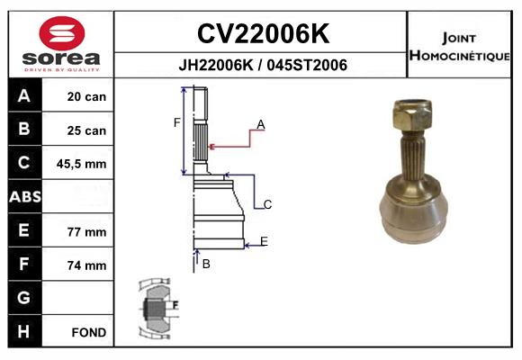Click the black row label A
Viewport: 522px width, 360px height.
[x=23, y=96]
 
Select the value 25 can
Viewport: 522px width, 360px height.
[x=86, y=130]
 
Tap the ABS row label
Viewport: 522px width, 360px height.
[x=23, y=197]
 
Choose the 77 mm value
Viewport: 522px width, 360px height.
[x=86, y=231]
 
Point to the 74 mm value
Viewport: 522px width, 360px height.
[x=86, y=265]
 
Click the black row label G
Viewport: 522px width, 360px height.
[x=23, y=298]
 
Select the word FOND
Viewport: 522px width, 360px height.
[x=89, y=332]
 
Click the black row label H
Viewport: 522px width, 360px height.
[x=23, y=331]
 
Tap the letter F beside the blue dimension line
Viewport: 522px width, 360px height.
[x=177, y=122]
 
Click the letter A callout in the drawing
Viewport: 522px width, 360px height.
[x=260, y=124]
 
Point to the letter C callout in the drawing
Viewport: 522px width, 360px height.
[x=267, y=205]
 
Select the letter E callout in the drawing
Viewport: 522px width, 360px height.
[x=264, y=240]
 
